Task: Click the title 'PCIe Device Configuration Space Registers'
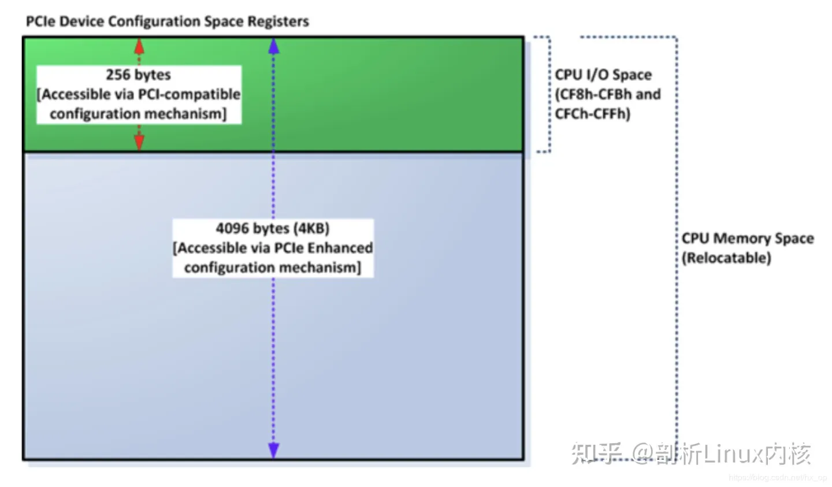168,21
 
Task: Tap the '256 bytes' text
138,75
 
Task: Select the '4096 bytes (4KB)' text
273,228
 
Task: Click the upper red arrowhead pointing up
139,45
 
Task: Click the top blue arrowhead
274,46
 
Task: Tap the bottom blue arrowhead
274,450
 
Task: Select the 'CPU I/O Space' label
603,75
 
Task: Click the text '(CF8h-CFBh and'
608,94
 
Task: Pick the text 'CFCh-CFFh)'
593,114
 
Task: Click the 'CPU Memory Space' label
748,238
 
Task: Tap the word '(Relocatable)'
726,258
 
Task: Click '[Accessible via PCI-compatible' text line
139,94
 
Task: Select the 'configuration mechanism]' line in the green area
138,114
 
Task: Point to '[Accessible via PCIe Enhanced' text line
273,248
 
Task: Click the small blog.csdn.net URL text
778,478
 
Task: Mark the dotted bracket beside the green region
549,94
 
